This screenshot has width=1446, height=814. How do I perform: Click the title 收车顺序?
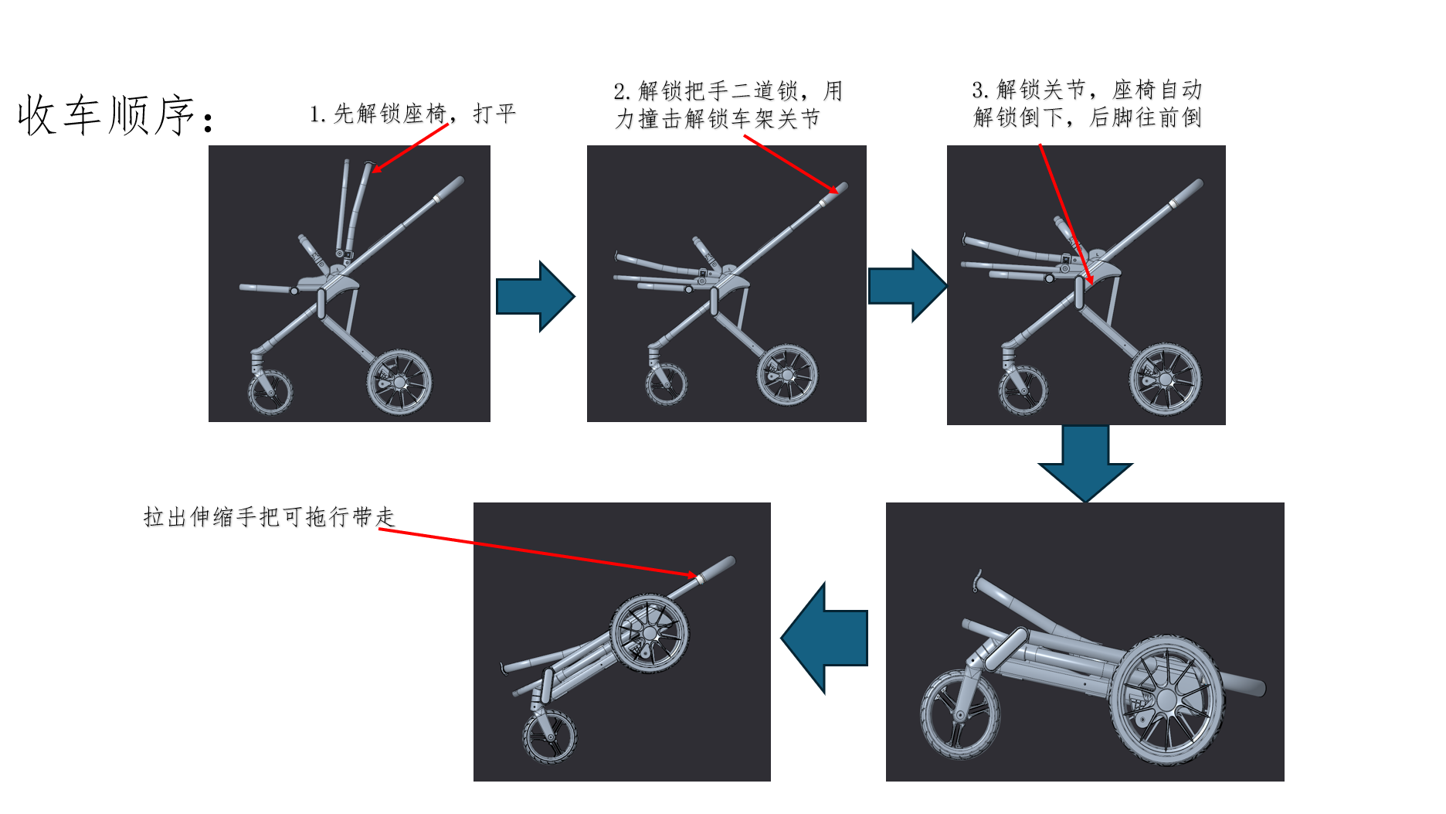(116, 115)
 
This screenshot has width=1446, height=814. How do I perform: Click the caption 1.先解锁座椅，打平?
(412, 114)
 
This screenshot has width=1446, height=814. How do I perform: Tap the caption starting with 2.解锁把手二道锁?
(728, 105)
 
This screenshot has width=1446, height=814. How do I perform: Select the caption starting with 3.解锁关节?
(1087, 104)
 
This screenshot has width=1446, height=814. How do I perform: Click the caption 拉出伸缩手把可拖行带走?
(269, 516)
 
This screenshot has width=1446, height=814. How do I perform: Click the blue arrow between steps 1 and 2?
(535, 297)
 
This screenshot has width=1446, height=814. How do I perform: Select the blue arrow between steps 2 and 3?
(908, 286)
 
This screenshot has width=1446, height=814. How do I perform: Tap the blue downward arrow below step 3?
(1085, 463)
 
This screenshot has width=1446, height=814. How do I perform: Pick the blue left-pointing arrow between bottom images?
(824, 638)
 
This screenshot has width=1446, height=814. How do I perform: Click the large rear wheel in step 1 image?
(399, 382)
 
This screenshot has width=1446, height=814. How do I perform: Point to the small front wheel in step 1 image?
(270, 392)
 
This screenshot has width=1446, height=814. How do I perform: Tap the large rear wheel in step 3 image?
(1165, 380)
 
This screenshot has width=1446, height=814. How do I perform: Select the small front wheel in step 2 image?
(666, 384)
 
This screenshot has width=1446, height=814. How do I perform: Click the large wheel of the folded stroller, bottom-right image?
(1166, 700)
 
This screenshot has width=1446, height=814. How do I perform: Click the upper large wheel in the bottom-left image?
(649, 633)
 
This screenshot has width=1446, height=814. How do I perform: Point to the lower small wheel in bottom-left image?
(549, 737)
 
